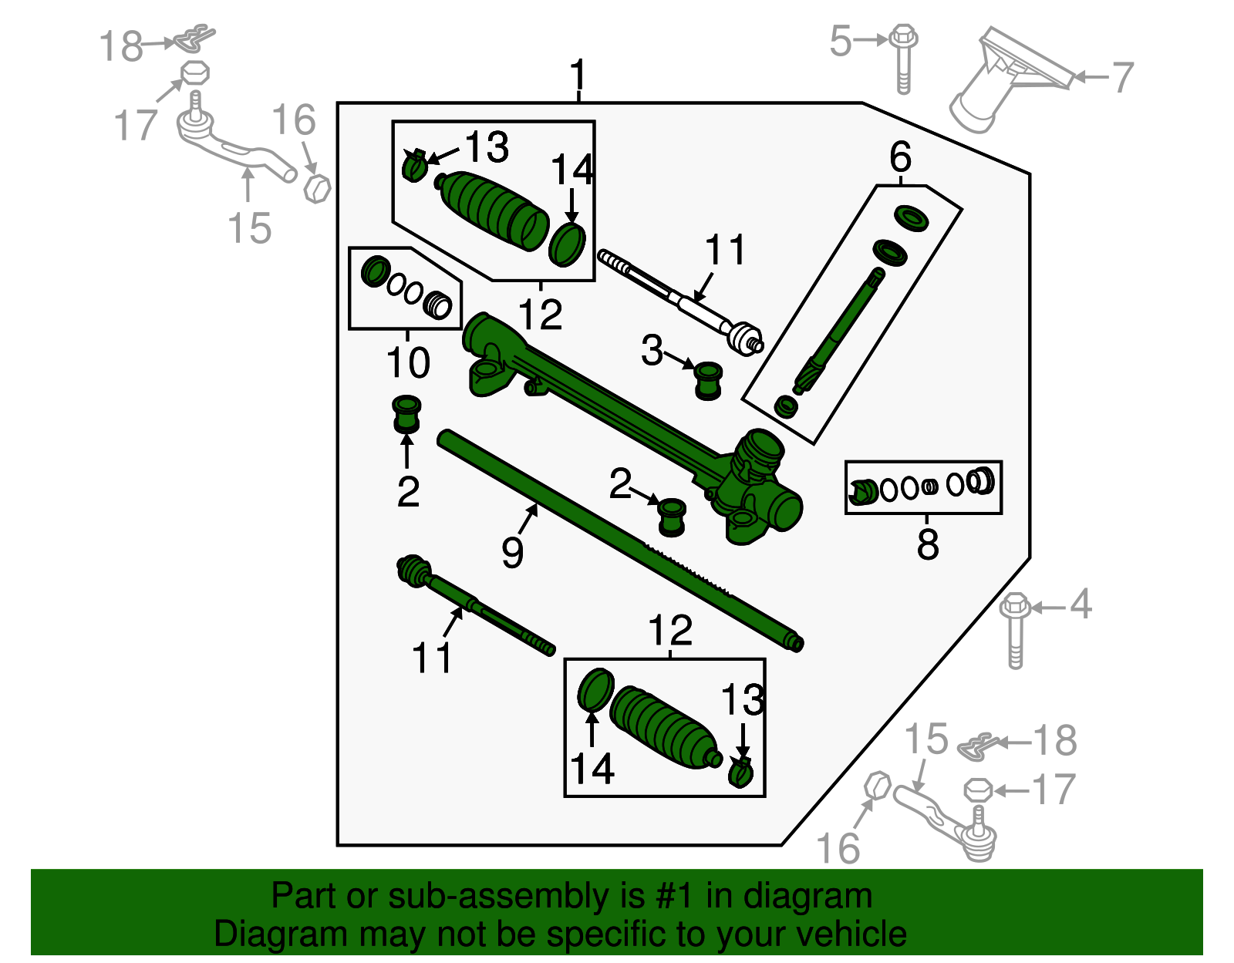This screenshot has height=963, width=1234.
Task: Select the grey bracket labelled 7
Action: [x=1006, y=81]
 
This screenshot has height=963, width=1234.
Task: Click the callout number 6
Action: [x=900, y=157]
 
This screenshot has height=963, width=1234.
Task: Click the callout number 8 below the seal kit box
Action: [x=928, y=544]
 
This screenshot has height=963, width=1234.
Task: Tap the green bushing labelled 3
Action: [x=707, y=379]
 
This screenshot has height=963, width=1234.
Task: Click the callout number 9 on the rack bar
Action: [x=512, y=552]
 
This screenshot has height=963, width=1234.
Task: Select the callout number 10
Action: [x=407, y=362]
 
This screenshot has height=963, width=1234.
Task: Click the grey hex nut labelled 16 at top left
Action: [x=318, y=187]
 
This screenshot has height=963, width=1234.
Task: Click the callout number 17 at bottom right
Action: [x=1054, y=790]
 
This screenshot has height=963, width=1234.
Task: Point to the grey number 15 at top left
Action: [x=250, y=228]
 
